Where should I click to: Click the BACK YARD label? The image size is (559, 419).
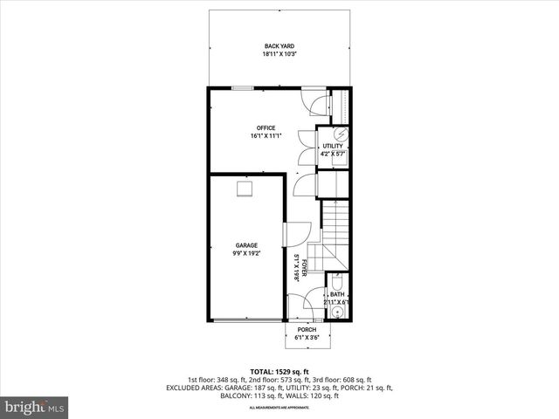[279, 46]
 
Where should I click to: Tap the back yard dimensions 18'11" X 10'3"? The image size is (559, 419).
[279, 54]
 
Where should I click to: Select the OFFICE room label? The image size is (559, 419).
[266, 128]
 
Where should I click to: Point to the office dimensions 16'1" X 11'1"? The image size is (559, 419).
[266, 136]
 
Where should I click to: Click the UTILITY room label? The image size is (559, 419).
[333, 146]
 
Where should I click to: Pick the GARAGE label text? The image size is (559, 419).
[245, 245]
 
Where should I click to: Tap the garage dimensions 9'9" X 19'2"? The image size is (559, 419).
[245, 253]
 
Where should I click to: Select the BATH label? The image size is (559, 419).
[336, 294]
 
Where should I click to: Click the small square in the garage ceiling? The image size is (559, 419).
[245, 189]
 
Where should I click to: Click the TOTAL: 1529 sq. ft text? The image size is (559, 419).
[279, 372]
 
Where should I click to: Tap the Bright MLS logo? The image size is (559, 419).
[35, 406]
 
